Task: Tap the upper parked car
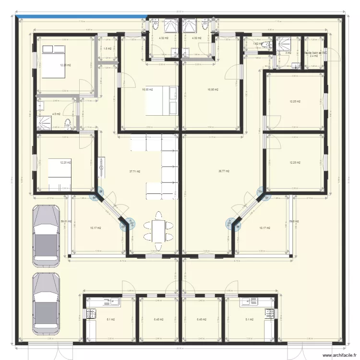coord(46,236)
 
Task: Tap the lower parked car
coord(46,304)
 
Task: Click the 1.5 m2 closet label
coord(108,48)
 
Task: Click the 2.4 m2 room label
coord(313,56)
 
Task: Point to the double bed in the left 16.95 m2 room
coord(170,100)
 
